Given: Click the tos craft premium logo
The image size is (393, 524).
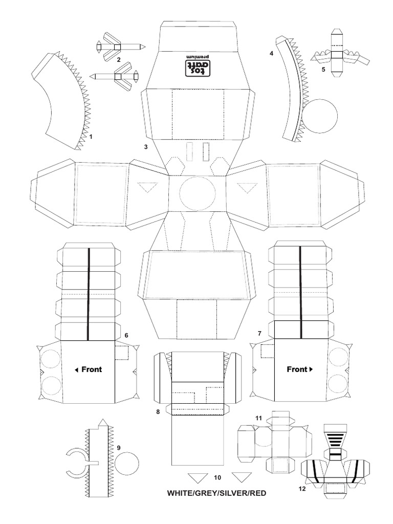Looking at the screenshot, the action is click(197, 64).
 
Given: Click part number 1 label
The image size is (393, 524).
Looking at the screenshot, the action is click(91, 137).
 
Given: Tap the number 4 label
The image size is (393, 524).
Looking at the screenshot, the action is click(271, 53).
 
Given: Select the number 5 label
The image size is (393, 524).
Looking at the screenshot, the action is click(323, 70).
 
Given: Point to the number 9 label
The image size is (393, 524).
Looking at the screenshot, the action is click(119, 447).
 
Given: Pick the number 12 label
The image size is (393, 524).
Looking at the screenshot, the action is click(302, 489).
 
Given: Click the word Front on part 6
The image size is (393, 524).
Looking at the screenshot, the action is click(92, 369).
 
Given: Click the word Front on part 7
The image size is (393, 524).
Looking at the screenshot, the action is click(297, 369).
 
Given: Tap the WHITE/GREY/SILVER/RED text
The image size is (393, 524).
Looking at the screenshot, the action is click(216, 493).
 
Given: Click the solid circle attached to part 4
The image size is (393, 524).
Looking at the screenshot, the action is click(320, 116).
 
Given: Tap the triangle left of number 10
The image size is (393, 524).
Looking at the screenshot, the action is click(198, 477).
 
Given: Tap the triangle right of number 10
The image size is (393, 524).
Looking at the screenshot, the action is click(242, 477).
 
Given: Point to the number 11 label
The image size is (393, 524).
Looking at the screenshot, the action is click(258, 418).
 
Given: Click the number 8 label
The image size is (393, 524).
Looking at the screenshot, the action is click(158, 412).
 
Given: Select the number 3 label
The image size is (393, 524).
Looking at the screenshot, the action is click(146, 146).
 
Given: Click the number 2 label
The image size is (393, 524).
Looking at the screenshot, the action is click(119, 60).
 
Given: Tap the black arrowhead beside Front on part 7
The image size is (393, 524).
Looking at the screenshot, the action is click(312, 369).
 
